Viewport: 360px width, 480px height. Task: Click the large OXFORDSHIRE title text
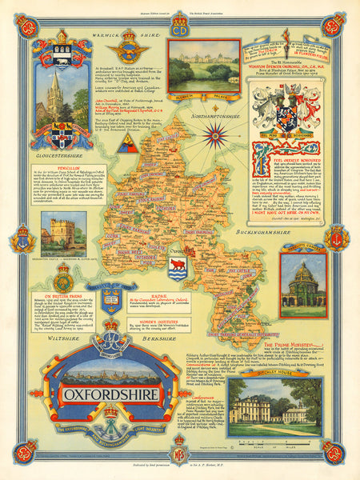coord(99,394)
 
